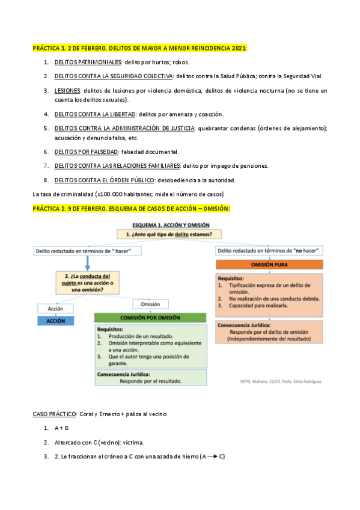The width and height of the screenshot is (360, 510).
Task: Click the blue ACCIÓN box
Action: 55,321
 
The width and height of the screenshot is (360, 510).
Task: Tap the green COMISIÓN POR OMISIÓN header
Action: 150,318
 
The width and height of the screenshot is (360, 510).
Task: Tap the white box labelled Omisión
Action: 150,304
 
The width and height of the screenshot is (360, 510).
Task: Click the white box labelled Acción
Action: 55,308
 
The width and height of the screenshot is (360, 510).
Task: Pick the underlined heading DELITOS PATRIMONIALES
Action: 88,62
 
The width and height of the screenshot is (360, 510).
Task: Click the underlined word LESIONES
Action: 67,90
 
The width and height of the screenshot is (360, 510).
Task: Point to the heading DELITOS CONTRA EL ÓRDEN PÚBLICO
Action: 103,180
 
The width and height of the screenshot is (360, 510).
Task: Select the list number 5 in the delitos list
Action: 46,128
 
